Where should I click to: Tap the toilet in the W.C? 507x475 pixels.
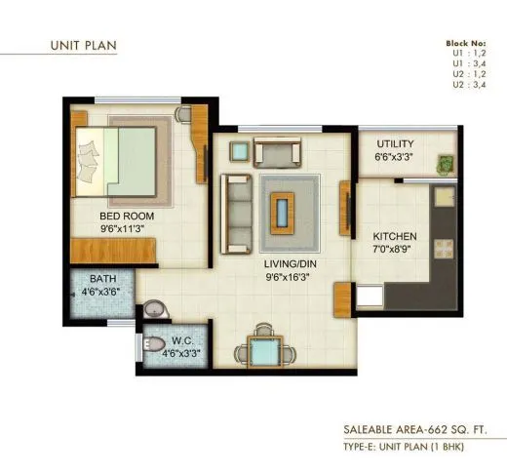[x=156, y=344]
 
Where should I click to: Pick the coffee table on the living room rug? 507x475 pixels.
[x=284, y=209]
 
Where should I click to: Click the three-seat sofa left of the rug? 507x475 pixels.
[x=234, y=210]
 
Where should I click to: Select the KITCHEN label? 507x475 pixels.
[x=396, y=236]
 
